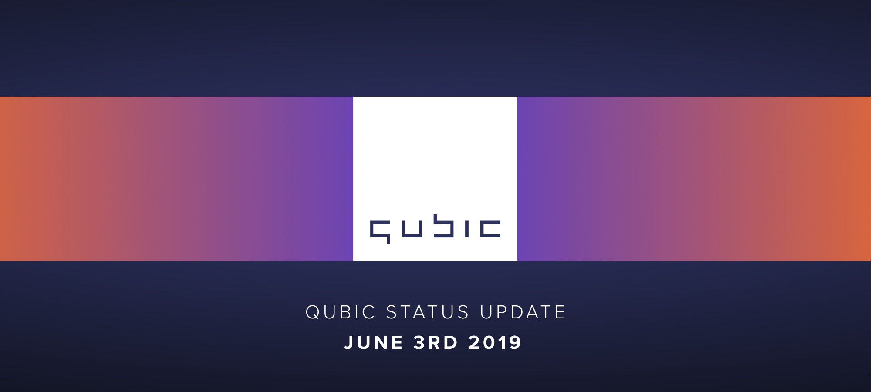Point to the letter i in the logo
click(x=467, y=229)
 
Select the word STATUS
click(x=428, y=312)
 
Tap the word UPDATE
click(x=523, y=312)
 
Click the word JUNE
click(x=374, y=343)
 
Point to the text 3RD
click(x=435, y=343)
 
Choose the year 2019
click(x=495, y=343)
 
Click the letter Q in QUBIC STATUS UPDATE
click(x=313, y=312)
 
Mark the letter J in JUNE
click(x=349, y=343)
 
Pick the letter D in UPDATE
click(x=518, y=312)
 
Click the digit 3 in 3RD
click(x=419, y=343)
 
